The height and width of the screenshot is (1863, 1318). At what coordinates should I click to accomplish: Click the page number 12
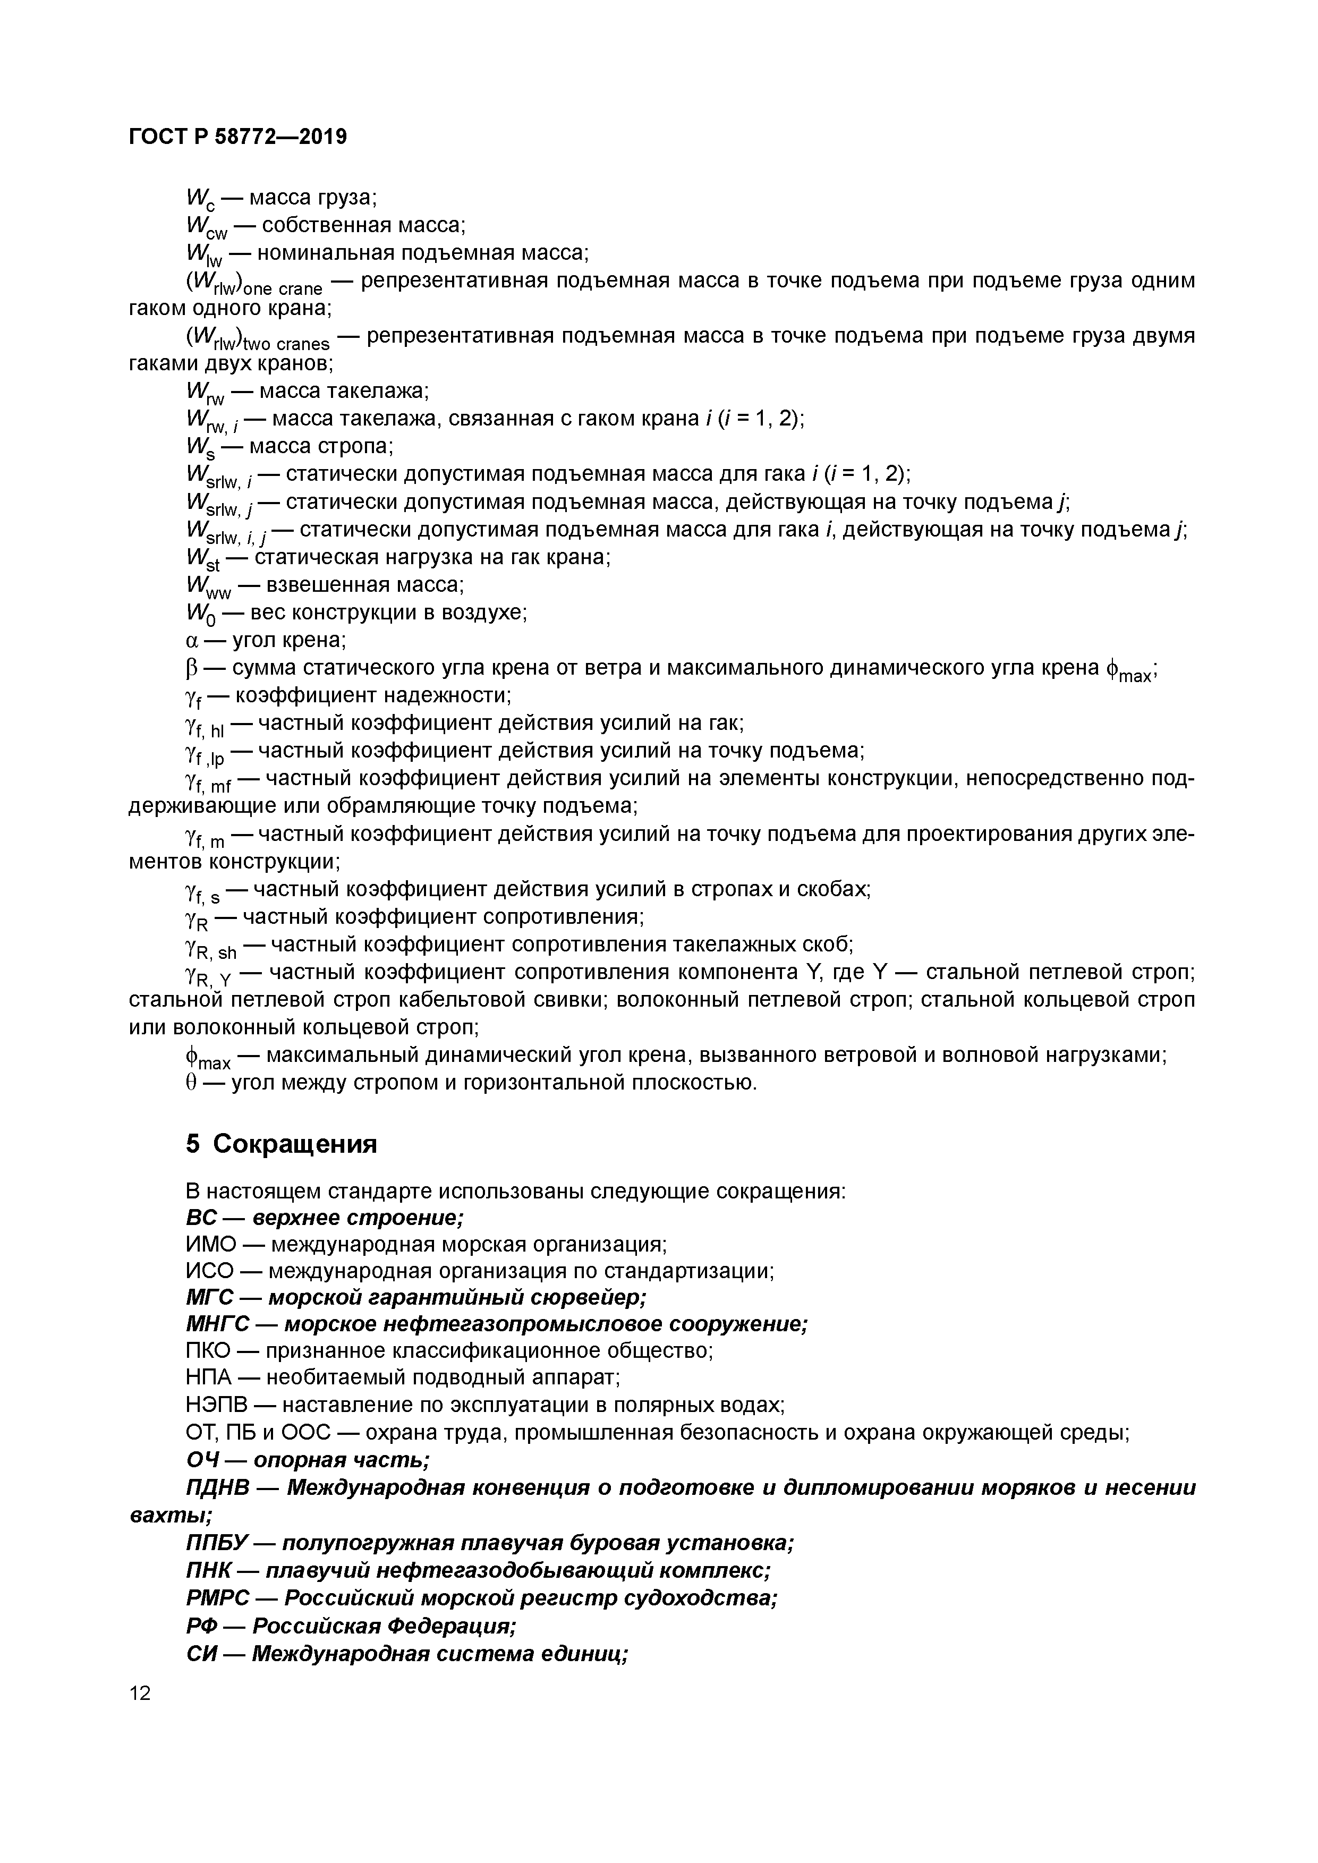(140, 1692)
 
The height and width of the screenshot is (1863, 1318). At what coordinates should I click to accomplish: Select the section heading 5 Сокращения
(282, 1143)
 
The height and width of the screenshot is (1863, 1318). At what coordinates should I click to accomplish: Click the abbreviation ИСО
(209, 1271)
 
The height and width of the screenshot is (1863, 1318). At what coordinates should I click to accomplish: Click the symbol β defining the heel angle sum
(192, 668)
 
